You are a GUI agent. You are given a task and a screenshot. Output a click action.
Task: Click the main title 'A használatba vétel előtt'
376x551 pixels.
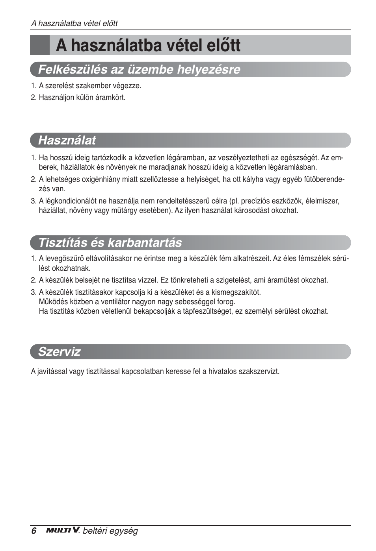[x=148, y=45]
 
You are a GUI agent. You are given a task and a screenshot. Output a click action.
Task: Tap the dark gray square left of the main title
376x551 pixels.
[x=40, y=45]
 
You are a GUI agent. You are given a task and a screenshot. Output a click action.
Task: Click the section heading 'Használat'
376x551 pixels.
[x=67, y=140]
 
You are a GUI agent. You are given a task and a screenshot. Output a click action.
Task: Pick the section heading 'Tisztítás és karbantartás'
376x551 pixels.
[x=110, y=242]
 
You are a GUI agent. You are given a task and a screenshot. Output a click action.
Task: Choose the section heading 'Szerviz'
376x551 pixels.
[x=59, y=351]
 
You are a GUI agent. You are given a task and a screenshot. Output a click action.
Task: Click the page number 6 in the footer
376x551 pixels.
[x=34, y=531]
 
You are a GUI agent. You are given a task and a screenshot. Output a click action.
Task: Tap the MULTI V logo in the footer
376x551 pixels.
[x=63, y=530]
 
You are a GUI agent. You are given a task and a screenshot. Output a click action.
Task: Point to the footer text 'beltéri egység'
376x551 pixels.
[x=110, y=531]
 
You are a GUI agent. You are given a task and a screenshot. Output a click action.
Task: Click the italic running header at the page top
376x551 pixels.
[x=74, y=23]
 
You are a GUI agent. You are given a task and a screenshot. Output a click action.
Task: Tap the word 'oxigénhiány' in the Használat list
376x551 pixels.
[x=101, y=179]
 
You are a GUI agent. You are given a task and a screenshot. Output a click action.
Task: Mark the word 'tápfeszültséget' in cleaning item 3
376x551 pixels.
[x=208, y=311]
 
